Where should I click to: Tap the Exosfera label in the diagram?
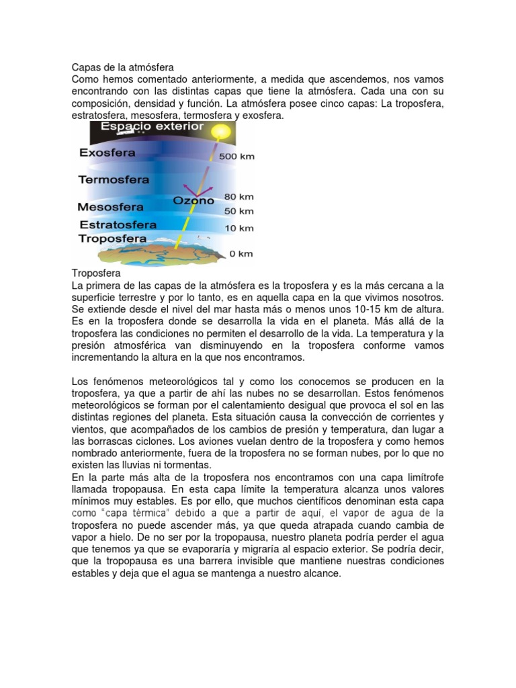[x=107, y=153]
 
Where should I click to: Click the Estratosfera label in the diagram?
[x=118, y=224]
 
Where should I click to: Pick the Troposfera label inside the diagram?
[x=113, y=239]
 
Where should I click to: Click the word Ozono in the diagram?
[x=193, y=200]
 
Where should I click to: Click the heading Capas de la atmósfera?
[x=123, y=67]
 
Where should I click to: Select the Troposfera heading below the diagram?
[x=96, y=274]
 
